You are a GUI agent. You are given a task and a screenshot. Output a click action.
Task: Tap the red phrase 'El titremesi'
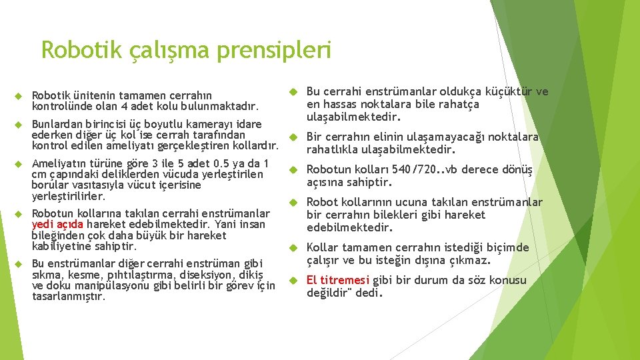point(338,280)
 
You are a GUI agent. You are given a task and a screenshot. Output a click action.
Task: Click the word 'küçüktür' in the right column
point(509,92)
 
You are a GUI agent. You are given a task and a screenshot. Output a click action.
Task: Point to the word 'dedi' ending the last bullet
point(367,293)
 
